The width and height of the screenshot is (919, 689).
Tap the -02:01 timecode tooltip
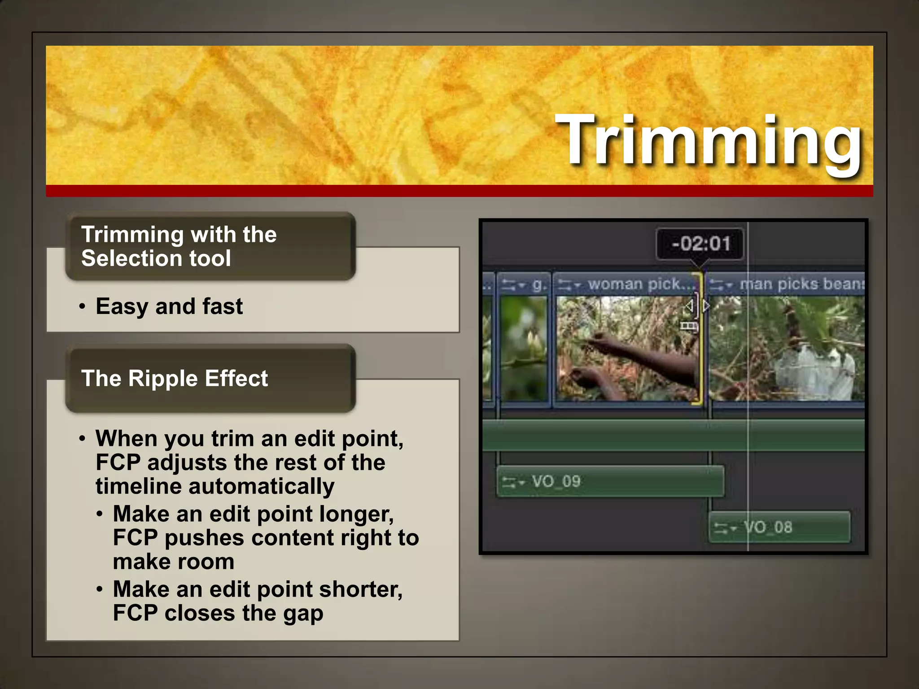pyautogui.click(x=700, y=244)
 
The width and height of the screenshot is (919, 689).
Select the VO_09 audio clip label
pyautogui.click(x=556, y=482)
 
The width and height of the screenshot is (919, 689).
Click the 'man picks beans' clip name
pyautogui.click(x=801, y=284)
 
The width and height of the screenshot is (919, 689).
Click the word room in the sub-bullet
pyautogui.click(x=211, y=562)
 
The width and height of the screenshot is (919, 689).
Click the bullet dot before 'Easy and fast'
pyautogui.click(x=82, y=307)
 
